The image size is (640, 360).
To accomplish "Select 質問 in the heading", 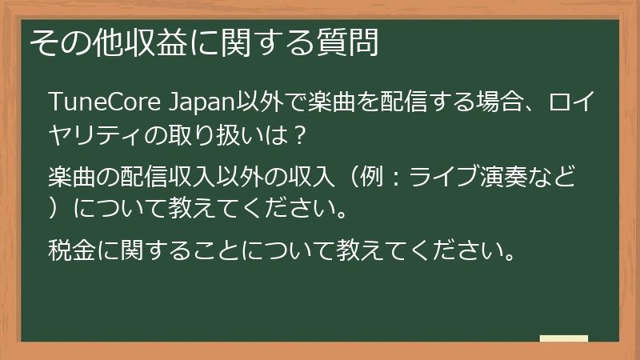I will point(351,42).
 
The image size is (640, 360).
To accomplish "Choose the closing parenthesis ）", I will point(56,210).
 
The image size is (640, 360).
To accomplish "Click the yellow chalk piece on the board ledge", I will point(564,338).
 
